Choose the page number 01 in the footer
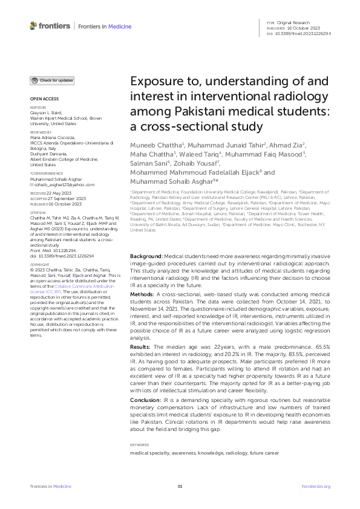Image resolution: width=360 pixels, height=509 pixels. [x=180, y=486]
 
